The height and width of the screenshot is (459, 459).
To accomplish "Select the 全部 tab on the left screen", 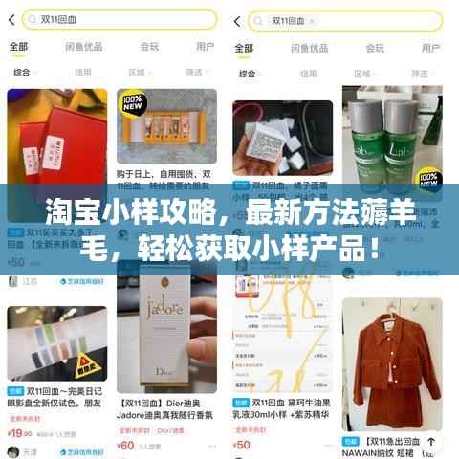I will tap(18, 46).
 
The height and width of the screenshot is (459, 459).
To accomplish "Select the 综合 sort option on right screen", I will tap(247, 72).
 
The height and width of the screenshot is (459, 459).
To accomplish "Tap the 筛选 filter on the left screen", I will tap(194, 72).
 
